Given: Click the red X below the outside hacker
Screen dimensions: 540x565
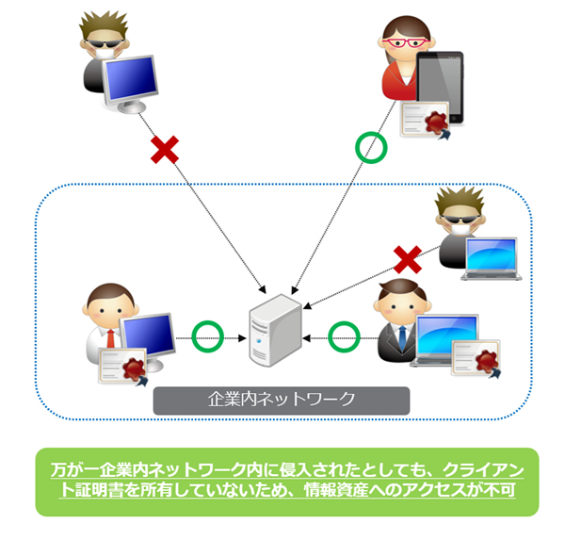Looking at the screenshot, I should (x=166, y=149).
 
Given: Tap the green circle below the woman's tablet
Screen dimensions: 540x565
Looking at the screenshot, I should (x=370, y=148).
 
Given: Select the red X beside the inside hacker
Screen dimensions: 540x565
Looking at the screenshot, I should (x=408, y=257).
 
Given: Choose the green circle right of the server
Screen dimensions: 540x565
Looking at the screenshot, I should (x=345, y=335).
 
